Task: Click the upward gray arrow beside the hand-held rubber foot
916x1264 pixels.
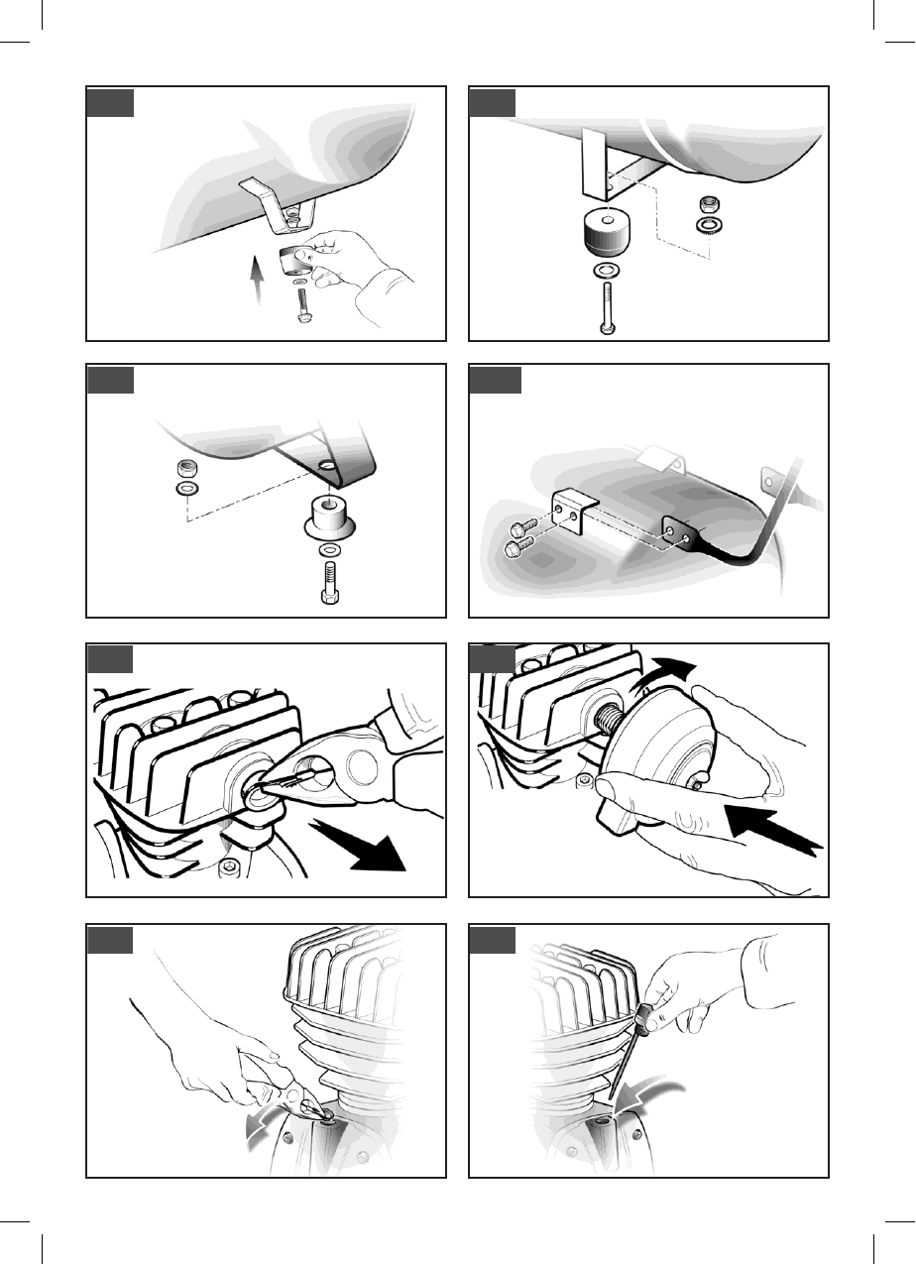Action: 259,281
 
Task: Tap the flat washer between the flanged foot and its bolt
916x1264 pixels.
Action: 329,548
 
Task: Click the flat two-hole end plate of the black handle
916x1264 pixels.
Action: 683,536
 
